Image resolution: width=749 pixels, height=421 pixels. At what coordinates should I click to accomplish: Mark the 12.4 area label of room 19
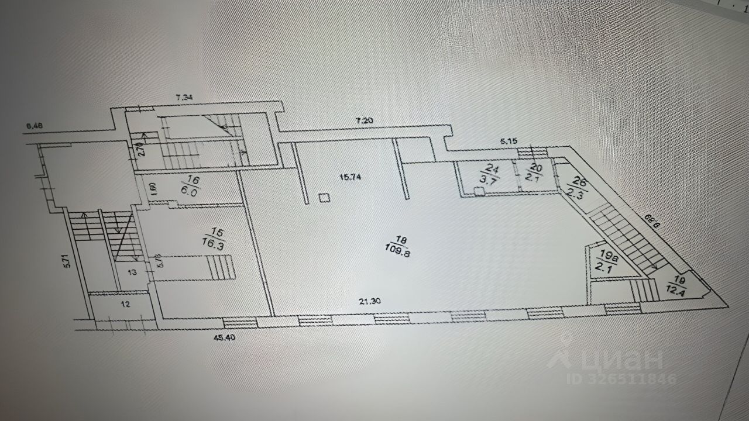pyautogui.click(x=679, y=289)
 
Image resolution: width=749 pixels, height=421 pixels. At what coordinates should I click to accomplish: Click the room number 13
pyautogui.click(x=132, y=271)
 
